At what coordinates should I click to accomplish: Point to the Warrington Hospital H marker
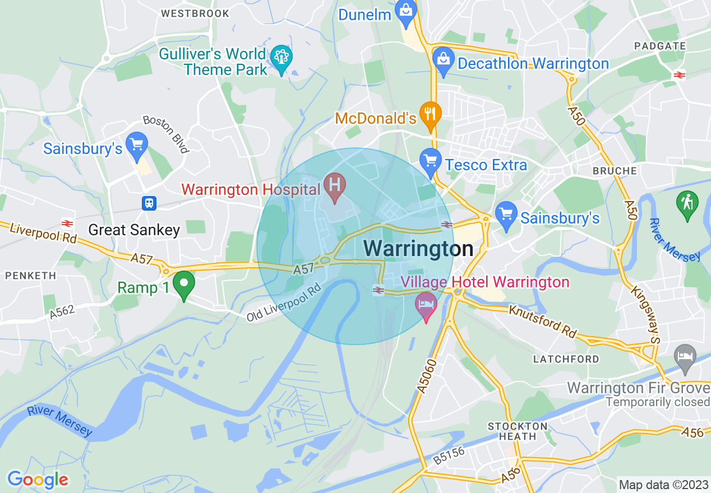(335, 185)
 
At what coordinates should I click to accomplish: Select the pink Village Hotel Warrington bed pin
(426, 305)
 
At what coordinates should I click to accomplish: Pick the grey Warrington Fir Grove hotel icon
(685, 356)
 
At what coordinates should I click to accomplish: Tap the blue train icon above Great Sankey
(149, 203)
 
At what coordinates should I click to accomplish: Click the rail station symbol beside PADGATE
(679, 75)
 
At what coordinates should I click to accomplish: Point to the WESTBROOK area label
(195, 13)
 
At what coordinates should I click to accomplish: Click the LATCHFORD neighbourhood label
(566, 359)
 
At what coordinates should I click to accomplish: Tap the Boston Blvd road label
(166, 134)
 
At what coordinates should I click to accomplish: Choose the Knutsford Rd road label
(542, 322)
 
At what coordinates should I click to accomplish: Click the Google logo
(38, 480)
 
